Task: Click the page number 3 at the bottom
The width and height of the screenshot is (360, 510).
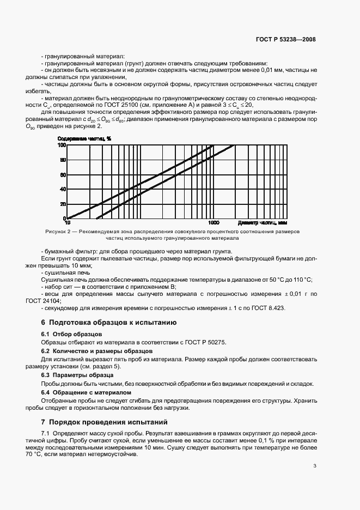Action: (x=315, y=465)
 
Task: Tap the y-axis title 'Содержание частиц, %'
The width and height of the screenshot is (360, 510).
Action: (x=84, y=138)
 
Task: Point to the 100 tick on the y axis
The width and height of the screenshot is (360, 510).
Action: (x=62, y=145)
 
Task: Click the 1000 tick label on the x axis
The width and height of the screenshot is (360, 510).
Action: (x=213, y=223)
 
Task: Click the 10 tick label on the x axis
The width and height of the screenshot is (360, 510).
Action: (x=68, y=223)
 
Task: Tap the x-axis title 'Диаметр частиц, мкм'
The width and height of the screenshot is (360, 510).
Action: (x=262, y=223)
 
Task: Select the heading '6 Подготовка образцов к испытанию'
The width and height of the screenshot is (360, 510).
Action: (x=109, y=323)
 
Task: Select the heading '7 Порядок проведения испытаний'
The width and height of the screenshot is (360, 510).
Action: (x=105, y=422)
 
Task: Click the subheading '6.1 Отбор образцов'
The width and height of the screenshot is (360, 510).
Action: (x=72, y=333)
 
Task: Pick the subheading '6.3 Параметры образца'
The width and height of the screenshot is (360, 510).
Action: (x=77, y=375)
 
